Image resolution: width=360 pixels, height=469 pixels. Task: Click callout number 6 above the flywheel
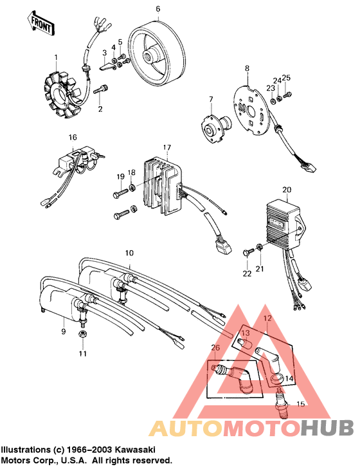[x=158, y=9]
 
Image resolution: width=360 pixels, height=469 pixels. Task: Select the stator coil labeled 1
[x=64, y=95]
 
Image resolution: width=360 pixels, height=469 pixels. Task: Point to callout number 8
[x=246, y=67]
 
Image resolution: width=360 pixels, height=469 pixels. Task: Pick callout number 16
[x=73, y=138]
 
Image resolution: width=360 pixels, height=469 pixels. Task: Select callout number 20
[x=287, y=189]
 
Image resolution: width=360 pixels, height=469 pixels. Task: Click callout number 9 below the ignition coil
[x=63, y=331]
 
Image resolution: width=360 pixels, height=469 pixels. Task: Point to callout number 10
[x=129, y=253]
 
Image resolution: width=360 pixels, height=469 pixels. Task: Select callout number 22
[x=247, y=274]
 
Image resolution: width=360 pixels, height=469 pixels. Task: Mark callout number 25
[x=286, y=78]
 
